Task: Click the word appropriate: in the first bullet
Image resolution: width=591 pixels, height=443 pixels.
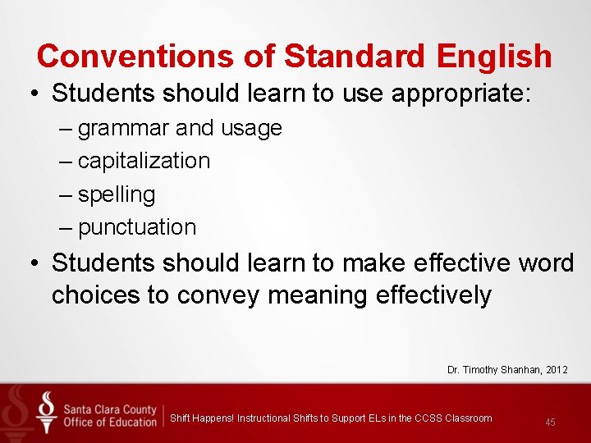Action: click(x=462, y=93)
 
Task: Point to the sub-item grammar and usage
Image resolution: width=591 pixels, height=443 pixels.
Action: click(x=180, y=128)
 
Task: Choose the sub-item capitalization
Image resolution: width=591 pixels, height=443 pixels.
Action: click(x=144, y=161)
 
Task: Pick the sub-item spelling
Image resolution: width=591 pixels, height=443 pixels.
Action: click(x=117, y=194)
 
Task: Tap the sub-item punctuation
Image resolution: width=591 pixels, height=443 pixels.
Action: click(x=137, y=227)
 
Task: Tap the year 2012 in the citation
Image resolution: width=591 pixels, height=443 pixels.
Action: click(x=554, y=370)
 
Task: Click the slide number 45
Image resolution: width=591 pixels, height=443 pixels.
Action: click(x=550, y=422)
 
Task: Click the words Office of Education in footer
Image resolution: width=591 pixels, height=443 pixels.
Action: click(x=109, y=422)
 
